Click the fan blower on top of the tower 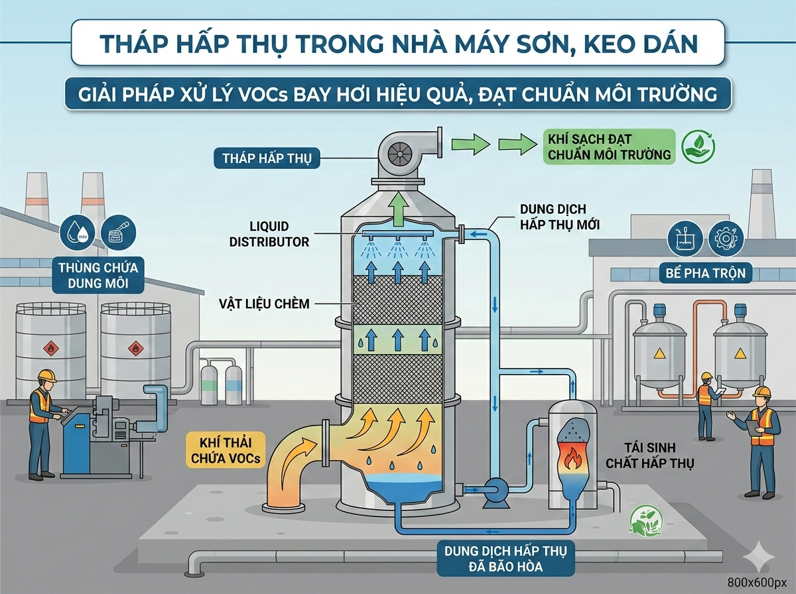[402, 152]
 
